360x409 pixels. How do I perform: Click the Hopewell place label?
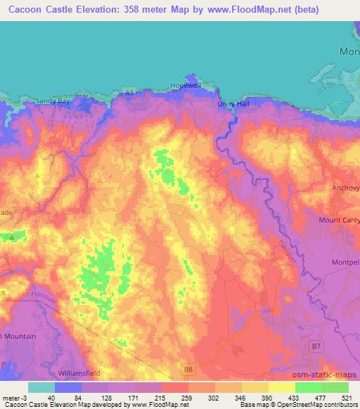tap(185, 84)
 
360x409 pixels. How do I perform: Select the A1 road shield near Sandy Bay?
tap(128, 91)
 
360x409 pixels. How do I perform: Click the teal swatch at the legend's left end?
tap(41, 387)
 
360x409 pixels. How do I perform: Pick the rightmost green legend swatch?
tap(335, 387)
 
